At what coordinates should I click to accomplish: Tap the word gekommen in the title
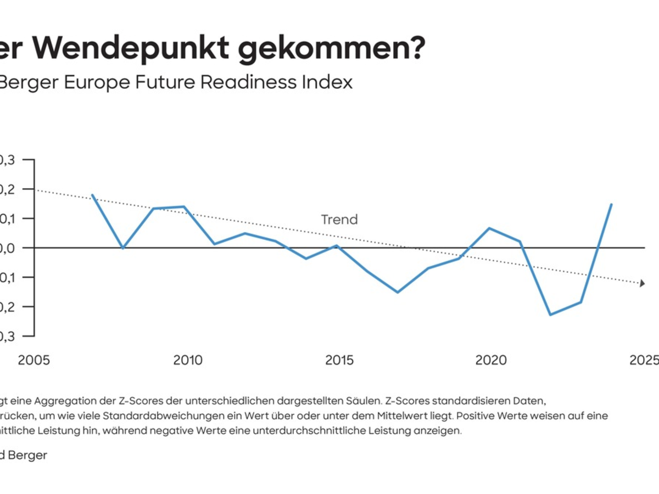click(x=327, y=48)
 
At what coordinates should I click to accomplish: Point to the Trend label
click(x=339, y=220)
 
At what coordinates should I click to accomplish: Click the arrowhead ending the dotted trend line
click(x=641, y=283)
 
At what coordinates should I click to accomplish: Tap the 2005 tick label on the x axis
click(x=34, y=361)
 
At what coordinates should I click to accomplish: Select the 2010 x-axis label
click(x=187, y=361)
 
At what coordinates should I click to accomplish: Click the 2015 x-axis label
click(x=339, y=361)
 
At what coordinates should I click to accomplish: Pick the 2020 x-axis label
click(x=490, y=361)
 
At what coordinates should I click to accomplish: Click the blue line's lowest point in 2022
click(x=550, y=315)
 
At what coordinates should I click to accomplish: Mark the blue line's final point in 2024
click(x=611, y=205)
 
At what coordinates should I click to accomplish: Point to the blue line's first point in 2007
click(x=92, y=195)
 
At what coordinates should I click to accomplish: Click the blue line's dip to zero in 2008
click(x=123, y=248)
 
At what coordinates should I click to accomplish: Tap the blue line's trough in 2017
click(x=398, y=292)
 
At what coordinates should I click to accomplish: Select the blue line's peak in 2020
click(x=489, y=228)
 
